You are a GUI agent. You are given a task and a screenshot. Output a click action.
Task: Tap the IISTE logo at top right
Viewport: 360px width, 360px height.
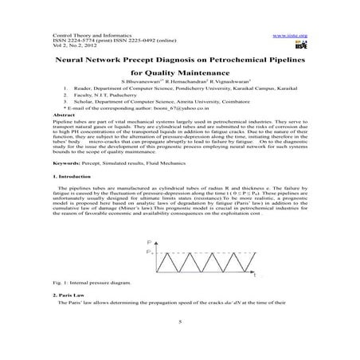299,46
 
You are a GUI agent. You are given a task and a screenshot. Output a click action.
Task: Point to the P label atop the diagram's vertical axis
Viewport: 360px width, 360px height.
150,241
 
